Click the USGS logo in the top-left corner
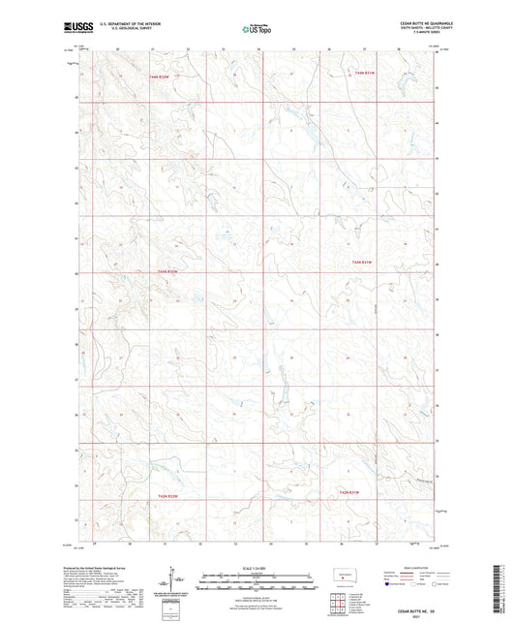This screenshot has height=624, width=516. click(x=76, y=29)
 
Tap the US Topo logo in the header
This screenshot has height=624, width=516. click(x=256, y=29)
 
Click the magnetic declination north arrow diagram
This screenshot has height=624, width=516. click(x=178, y=584)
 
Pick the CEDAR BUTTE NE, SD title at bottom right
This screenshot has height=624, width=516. click(x=416, y=608)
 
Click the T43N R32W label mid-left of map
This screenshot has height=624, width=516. click(x=166, y=270)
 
